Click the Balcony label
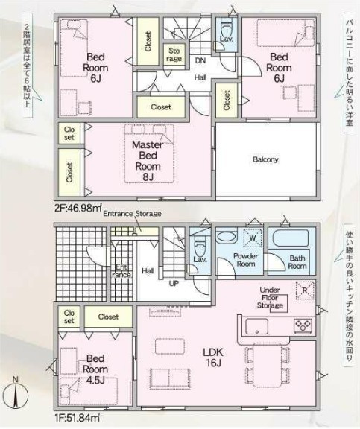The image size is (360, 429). pos(265,159)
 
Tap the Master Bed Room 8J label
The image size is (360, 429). pos(148,161)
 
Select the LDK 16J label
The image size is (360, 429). pos(213,357)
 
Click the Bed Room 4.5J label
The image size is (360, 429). pos(95,369)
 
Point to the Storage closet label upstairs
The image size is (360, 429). pos(174,54)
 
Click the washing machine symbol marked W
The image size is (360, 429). pos(253,238)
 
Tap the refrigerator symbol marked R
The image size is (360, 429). pos(304,290)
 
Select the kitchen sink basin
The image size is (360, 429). pos(256,326)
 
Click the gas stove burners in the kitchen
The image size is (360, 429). pos(303,325)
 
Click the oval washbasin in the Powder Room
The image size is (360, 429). pos(226,237)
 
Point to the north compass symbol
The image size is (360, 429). pos(16,394)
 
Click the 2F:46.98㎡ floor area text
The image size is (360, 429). pos(78,209)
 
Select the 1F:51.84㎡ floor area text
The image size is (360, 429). pos(77,418)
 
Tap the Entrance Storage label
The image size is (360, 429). pos(132,214)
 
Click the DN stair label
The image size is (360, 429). pos(200,60)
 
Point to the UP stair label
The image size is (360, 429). pos(174,284)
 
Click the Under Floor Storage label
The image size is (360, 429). pos(270,298)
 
